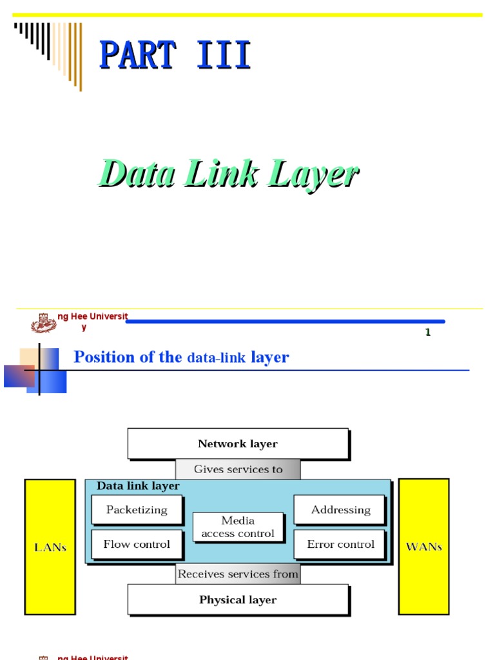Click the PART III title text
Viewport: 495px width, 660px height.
point(175,55)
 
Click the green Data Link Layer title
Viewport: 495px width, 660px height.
point(228,174)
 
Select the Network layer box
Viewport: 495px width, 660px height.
point(238,443)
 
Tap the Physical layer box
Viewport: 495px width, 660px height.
point(238,599)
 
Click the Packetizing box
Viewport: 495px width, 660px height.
point(137,510)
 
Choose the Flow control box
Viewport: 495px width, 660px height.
point(137,545)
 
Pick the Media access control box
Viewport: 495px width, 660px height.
point(238,527)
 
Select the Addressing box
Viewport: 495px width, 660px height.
point(340,510)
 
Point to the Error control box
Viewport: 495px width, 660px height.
point(340,545)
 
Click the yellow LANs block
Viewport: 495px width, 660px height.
point(50,547)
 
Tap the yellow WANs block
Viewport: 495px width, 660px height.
point(423,547)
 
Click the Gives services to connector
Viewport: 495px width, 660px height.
point(238,469)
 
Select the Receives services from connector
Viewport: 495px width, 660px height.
point(238,574)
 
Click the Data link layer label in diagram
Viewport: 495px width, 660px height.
point(138,486)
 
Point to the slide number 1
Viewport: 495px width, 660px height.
point(427,333)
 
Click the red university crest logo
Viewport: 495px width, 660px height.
point(44,322)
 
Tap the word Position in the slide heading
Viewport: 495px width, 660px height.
point(104,357)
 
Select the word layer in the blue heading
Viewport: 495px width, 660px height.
point(270,357)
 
